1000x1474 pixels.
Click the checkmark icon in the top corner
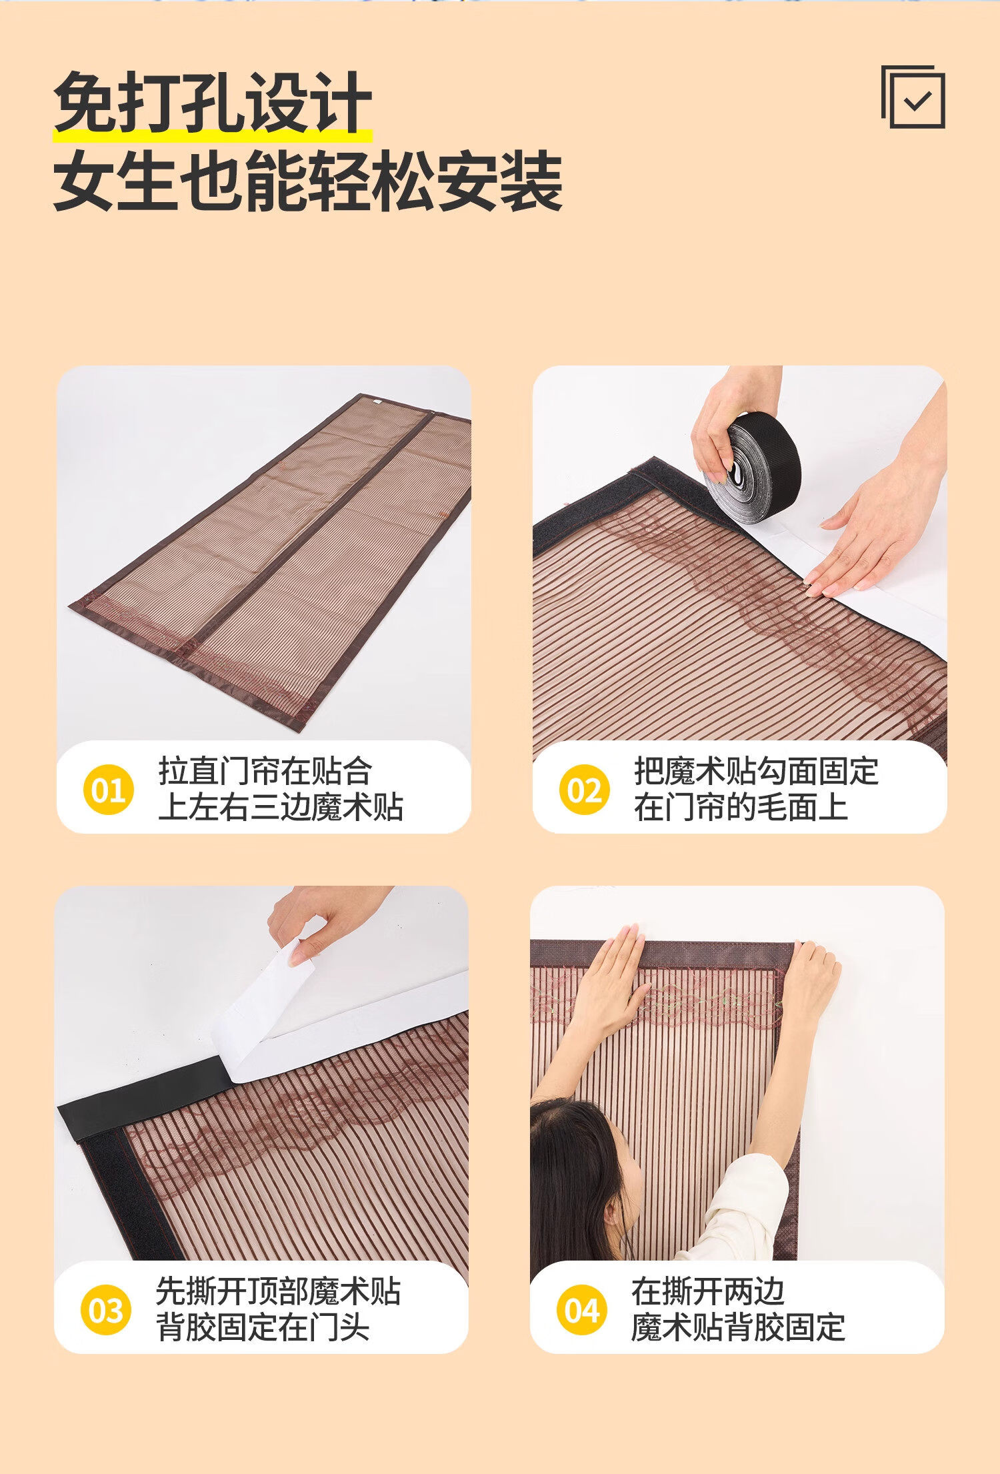pos(913,97)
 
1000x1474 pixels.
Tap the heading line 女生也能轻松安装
pos(308,180)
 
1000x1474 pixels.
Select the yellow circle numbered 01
pos(109,790)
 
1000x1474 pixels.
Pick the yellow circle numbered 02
pos(585,790)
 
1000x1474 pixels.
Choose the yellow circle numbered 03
pos(105,1310)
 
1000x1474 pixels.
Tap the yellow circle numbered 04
pos(582,1310)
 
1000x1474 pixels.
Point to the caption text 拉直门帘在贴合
pos(265,771)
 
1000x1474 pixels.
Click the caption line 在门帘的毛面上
pos(741,807)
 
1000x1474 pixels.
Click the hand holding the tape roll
pos(727,427)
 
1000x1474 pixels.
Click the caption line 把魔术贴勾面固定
pos(756,771)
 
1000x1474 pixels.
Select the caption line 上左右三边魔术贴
pos(281,807)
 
